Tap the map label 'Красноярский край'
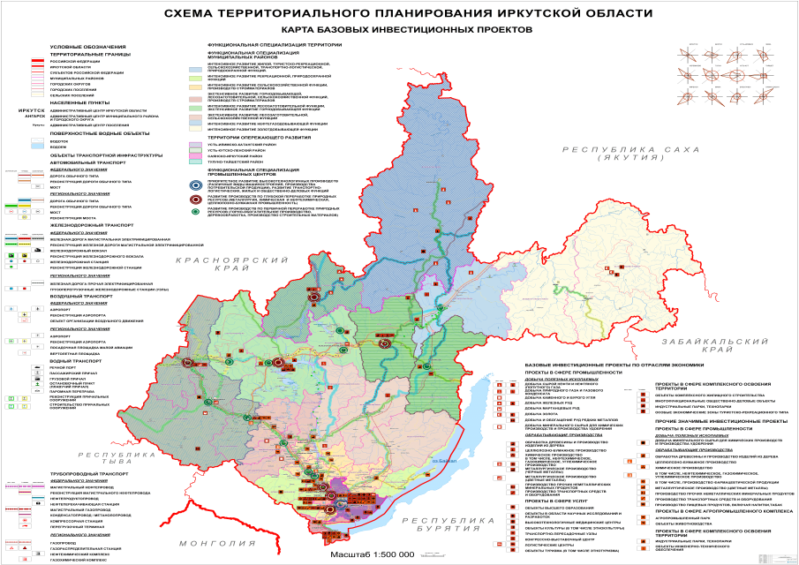click(215, 267)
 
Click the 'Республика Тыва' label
click(105, 458)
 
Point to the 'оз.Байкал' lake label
click(445, 461)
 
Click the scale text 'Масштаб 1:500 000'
click(373, 554)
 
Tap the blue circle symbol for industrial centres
click(193, 186)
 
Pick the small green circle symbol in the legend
click(193, 211)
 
